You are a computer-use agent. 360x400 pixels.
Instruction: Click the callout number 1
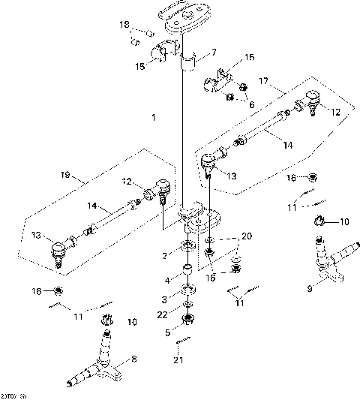point(153,118)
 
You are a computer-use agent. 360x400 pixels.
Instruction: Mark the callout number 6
point(251,105)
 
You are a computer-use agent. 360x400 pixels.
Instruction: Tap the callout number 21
point(178,360)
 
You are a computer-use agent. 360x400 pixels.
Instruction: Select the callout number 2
point(165,255)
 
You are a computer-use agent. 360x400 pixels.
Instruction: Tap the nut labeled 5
point(187,321)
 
